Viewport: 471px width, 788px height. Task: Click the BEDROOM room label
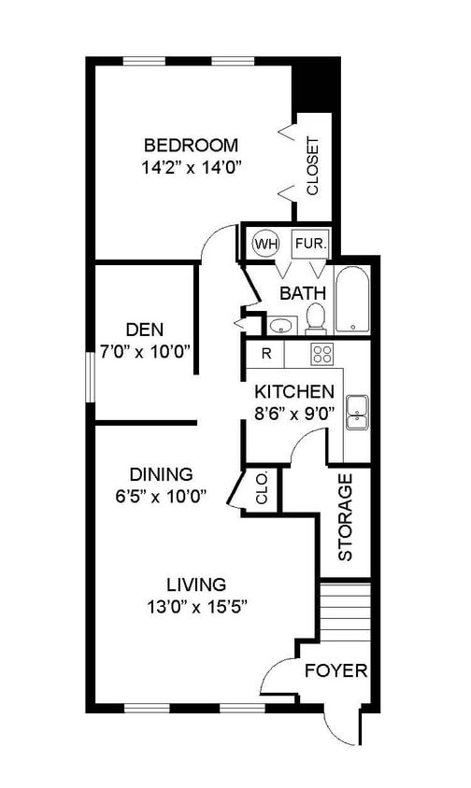pyautogui.click(x=191, y=146)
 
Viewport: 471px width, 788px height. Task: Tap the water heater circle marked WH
pyautogui.click(x=265, y=245)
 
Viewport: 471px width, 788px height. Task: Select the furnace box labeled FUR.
pyautogui.click(x=311, y=245)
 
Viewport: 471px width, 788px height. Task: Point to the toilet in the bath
pyautogui.click(x=316, y=318)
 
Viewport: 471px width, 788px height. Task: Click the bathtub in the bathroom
pyautogui.click(x=353, y=299)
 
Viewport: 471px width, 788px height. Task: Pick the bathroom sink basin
pyautogui.click(x=279, y=327)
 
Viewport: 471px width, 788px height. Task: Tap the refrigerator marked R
pyautogui.click(x=265, y=354)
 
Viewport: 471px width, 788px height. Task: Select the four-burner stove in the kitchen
pyautogui.click(x=322, y=353)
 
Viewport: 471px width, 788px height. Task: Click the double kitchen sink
pyautogui.click(x=357, y=412)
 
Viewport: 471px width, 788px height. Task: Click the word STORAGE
pyautogui.click(x=345, y=517)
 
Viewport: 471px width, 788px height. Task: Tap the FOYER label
pyautogui.click(x=335, y=670)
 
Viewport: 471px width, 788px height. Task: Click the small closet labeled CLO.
pyautogui.click(x=261, y=489)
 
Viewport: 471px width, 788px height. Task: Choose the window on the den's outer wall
pyautogui.click(x=90, y=377)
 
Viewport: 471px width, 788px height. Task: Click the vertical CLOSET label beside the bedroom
pyautogui.click(x=312, y=166)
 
